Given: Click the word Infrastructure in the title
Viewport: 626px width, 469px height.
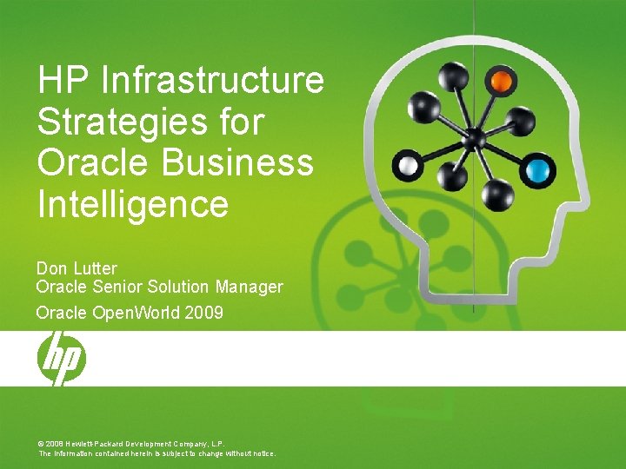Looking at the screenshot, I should click(x=213, y=81).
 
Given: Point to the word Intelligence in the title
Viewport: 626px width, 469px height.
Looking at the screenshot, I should click(x=132, y=205).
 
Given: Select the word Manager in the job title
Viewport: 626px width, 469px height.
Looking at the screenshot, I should click(x=250, y=287).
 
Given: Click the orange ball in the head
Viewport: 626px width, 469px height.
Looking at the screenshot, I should click(x=501, y=82).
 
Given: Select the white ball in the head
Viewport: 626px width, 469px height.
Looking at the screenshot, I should click(x=408, y=163).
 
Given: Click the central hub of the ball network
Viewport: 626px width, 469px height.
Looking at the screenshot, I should click(x=475, y=138).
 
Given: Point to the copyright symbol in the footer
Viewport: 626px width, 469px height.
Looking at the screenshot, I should click(x=41, y=442).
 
